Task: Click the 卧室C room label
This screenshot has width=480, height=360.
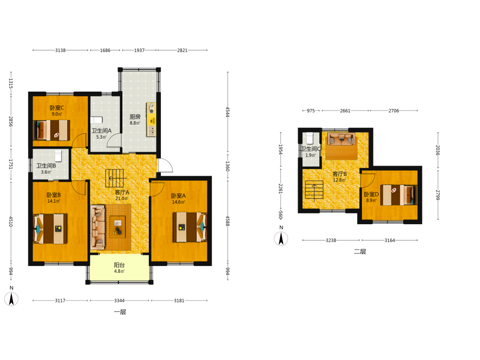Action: pos(57,108)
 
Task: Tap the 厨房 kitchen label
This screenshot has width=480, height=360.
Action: pos(135,117)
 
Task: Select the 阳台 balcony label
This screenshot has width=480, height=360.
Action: pos(120,265)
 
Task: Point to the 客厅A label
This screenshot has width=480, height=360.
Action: pos(122,192)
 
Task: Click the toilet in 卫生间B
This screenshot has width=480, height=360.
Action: pos(59,156)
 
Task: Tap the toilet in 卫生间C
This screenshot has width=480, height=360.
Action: pos(310,138)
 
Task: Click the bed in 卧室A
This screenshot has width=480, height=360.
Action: pos(190,227)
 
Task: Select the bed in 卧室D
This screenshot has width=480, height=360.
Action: pos(398,195)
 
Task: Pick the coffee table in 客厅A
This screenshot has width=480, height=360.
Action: pos(118,227)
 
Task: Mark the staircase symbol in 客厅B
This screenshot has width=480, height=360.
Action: pos(314,191)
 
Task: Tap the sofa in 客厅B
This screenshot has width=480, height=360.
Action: pos(341,139)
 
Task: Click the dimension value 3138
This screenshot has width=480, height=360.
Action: pos(60,50)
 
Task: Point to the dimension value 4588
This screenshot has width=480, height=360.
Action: pos(228,221)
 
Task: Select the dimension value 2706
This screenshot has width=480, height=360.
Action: pos(394,110)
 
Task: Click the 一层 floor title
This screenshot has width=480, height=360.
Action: pos(120,312)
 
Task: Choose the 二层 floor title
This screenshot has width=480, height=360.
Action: pos(360,252)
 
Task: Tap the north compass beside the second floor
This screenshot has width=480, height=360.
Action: pos(281,239)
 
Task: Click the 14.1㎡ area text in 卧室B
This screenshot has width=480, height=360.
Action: pos(54,201)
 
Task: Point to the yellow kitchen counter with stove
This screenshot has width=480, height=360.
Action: pos(151,120)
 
